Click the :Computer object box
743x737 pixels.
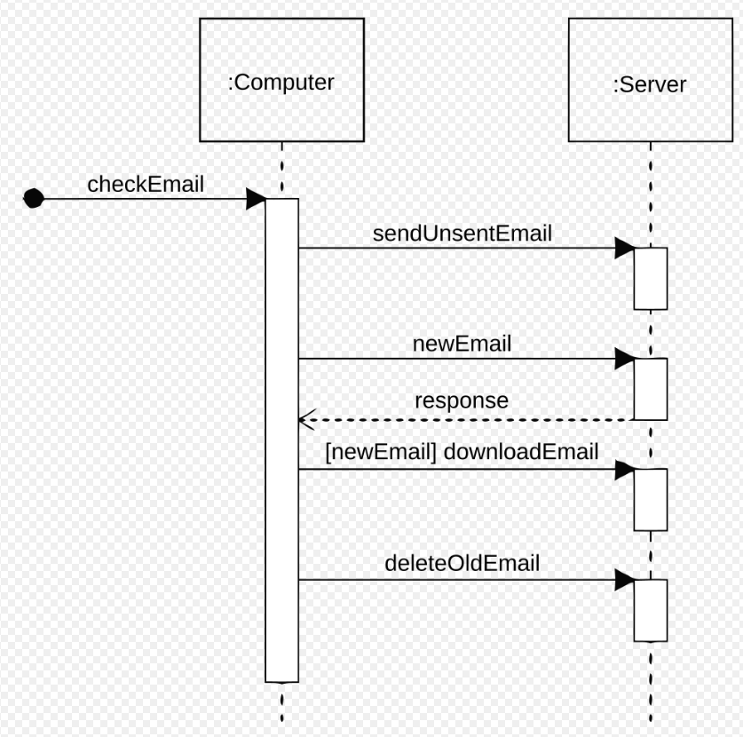click(281, 82)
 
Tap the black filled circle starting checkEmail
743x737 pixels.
click(34, 198)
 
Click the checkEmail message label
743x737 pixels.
click(146, 185)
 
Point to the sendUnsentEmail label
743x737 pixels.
click(462, 234)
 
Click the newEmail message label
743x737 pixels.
click(462, 344)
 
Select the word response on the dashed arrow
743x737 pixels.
click(462, 400)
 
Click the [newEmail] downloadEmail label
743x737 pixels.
click(462, 452)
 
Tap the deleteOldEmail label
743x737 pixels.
click(462, 563)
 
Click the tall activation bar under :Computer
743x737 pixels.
click(281, 444)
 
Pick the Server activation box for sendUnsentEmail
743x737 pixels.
click(650, 279)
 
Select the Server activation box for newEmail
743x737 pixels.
click(650, 390)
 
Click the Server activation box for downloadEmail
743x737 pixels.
click(650, 500)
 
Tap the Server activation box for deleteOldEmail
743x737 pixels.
click(650, 611)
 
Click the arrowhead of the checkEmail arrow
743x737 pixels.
click(256, 199)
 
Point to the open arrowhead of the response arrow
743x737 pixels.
click(305, 418)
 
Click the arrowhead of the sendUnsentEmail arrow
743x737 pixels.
click(625, 248)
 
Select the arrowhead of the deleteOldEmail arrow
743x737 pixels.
click(625, 580)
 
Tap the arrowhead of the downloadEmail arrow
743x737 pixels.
click(625, 470)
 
